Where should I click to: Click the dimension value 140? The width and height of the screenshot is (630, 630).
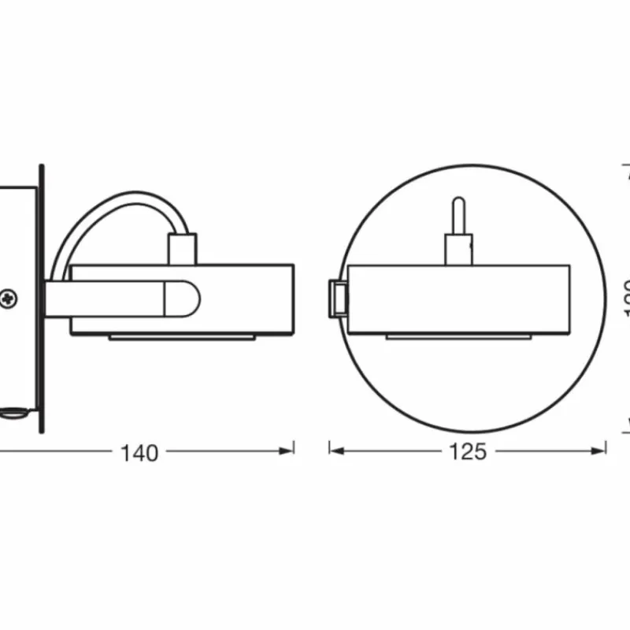tap(139, 453)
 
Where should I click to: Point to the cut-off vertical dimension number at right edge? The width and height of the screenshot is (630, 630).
tap(627, 299)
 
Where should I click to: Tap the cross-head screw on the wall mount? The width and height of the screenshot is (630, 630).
tap(9, 298)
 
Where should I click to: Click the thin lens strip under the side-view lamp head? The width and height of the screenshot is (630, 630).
tap(182, 337)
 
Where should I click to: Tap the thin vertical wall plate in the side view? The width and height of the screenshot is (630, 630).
tap(42, 299)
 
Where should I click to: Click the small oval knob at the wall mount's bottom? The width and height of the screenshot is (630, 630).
tap(13, 410)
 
